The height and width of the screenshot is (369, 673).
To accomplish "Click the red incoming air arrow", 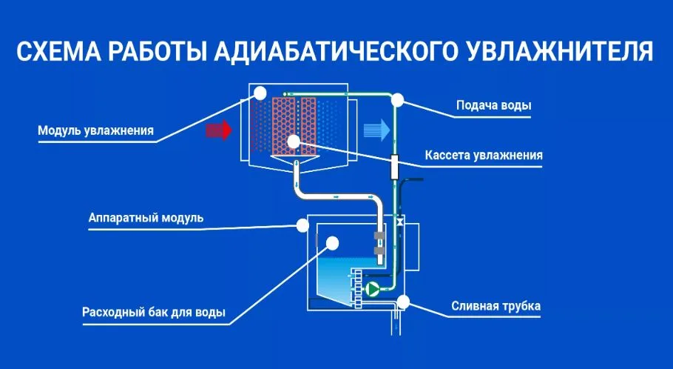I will pyautogui.click(x=219, y=130).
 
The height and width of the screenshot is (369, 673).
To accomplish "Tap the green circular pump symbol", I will pyautogui.click(x=373, y=288).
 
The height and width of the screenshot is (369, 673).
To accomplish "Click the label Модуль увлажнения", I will pyautogui.click(x=96, y=131).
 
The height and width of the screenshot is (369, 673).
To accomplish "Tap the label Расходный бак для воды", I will pyautogui.click(x=154, y=311).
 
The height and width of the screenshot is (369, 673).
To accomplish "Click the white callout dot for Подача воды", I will pyautogui.click(x=398, y=99).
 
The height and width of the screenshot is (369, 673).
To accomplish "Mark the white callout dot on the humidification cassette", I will pyautogui.click(x=294, y=140).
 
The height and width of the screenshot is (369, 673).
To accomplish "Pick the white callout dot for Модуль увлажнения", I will pyautogui.click(x=260, y=92).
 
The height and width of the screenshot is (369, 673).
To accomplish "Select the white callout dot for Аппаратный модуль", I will pyautogui.click(x=302, y=225).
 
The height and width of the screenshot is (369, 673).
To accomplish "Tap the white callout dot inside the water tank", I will pyautogui.click(x=332, y=242).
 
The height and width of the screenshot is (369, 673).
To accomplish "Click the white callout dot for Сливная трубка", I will pyautogui.click(x=403, y=302).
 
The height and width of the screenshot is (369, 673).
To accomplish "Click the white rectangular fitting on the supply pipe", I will pyautogui.click(x=394, y=166).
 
